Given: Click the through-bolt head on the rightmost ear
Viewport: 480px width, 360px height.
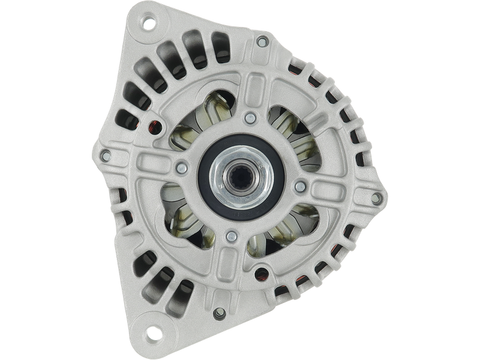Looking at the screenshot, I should click(x=376, y=197).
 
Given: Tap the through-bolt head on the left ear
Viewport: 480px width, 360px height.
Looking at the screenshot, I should click(x=106, y=156).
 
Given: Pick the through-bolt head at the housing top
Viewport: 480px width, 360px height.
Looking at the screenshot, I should click(x=262, y=41).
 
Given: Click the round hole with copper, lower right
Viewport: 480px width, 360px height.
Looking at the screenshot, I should click(x=260, y=277).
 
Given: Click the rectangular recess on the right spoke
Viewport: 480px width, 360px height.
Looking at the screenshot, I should click(x=336, y=188).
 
